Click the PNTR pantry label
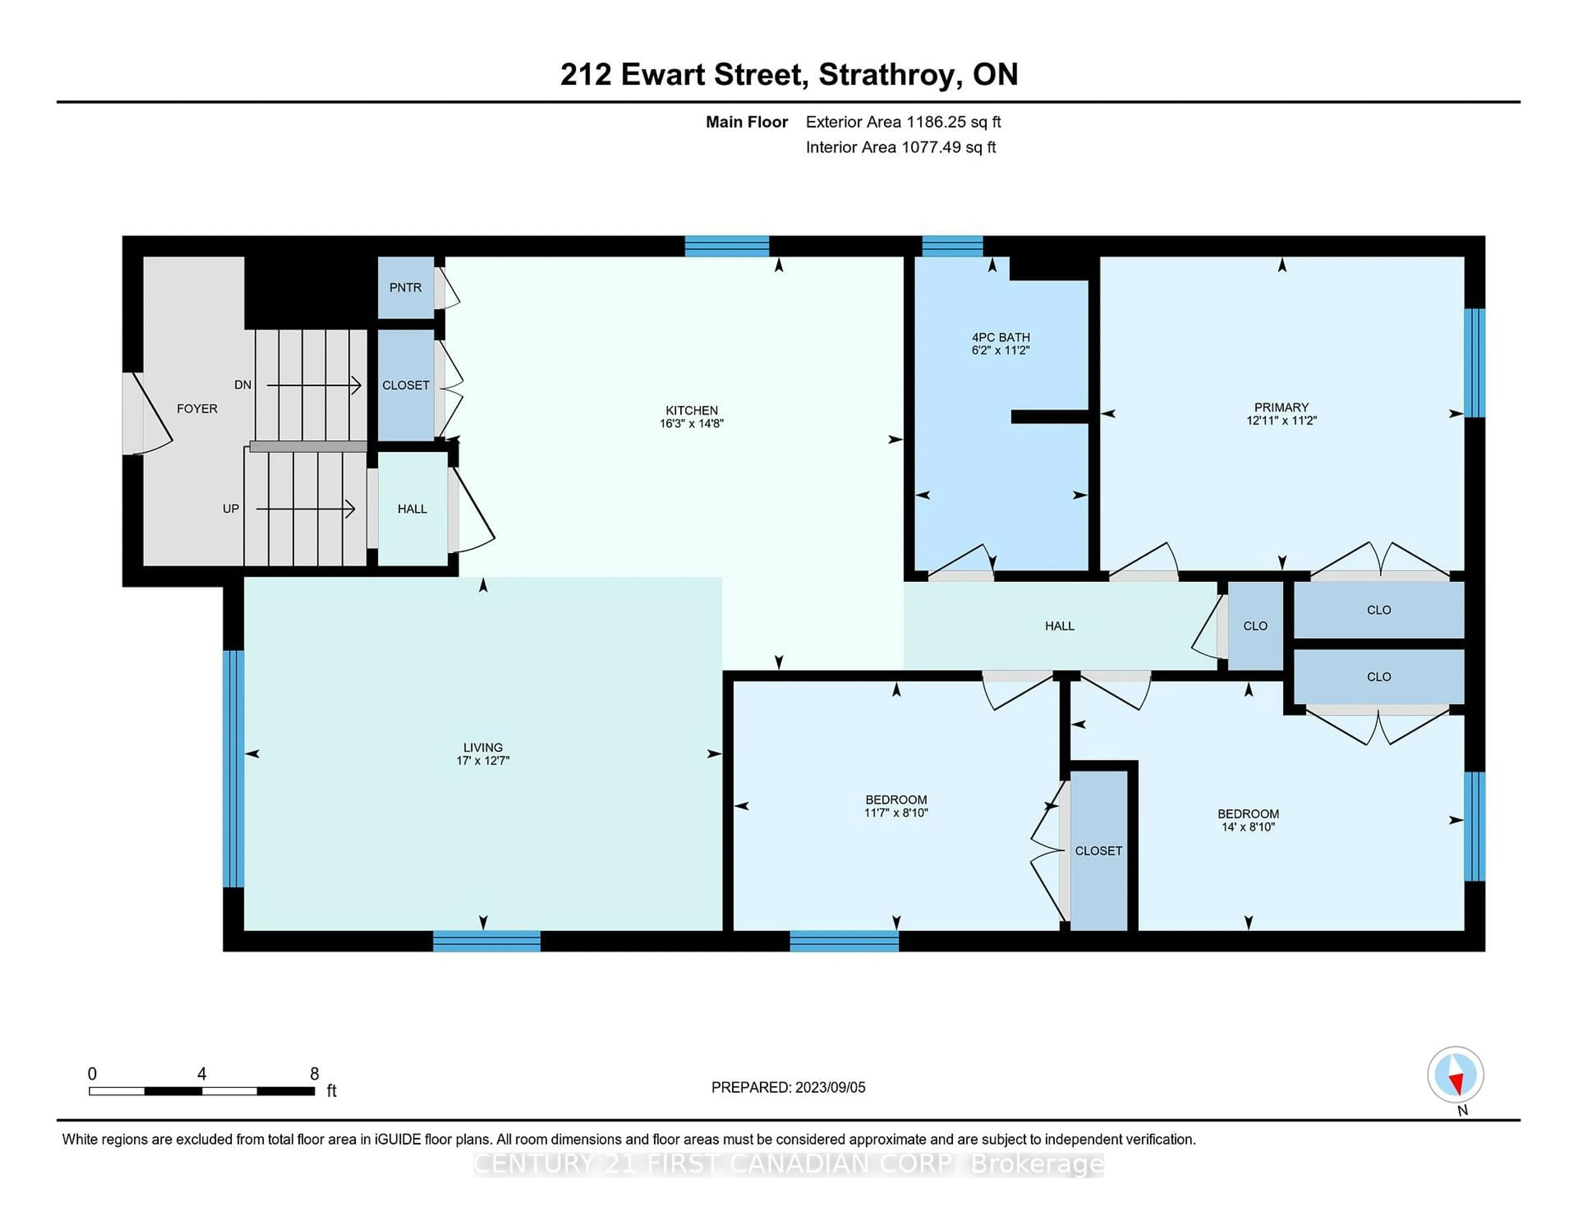[405, 287]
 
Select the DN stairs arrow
[314, 386]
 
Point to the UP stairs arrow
[306, 509]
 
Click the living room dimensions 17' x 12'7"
[483, 760]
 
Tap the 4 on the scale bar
[202, 1074]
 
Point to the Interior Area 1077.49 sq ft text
[901, 147]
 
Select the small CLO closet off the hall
[1255, 626]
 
